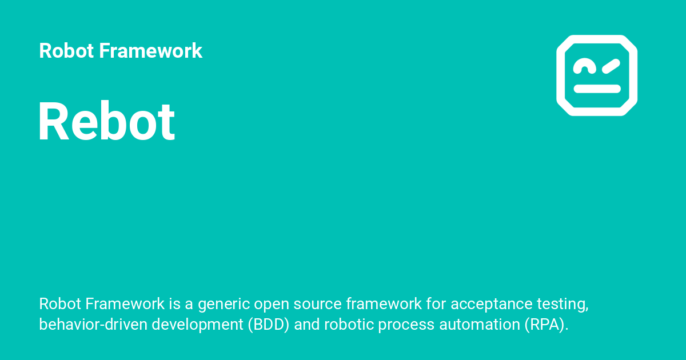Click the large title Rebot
click(x=106, y=122)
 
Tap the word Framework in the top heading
click(x=150, y=51)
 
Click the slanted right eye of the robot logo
click(x=611, y=66)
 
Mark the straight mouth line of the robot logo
click(x=597, y=89)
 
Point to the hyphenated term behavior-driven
click(x=94, y=325)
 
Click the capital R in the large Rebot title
click(x=53, y=122)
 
